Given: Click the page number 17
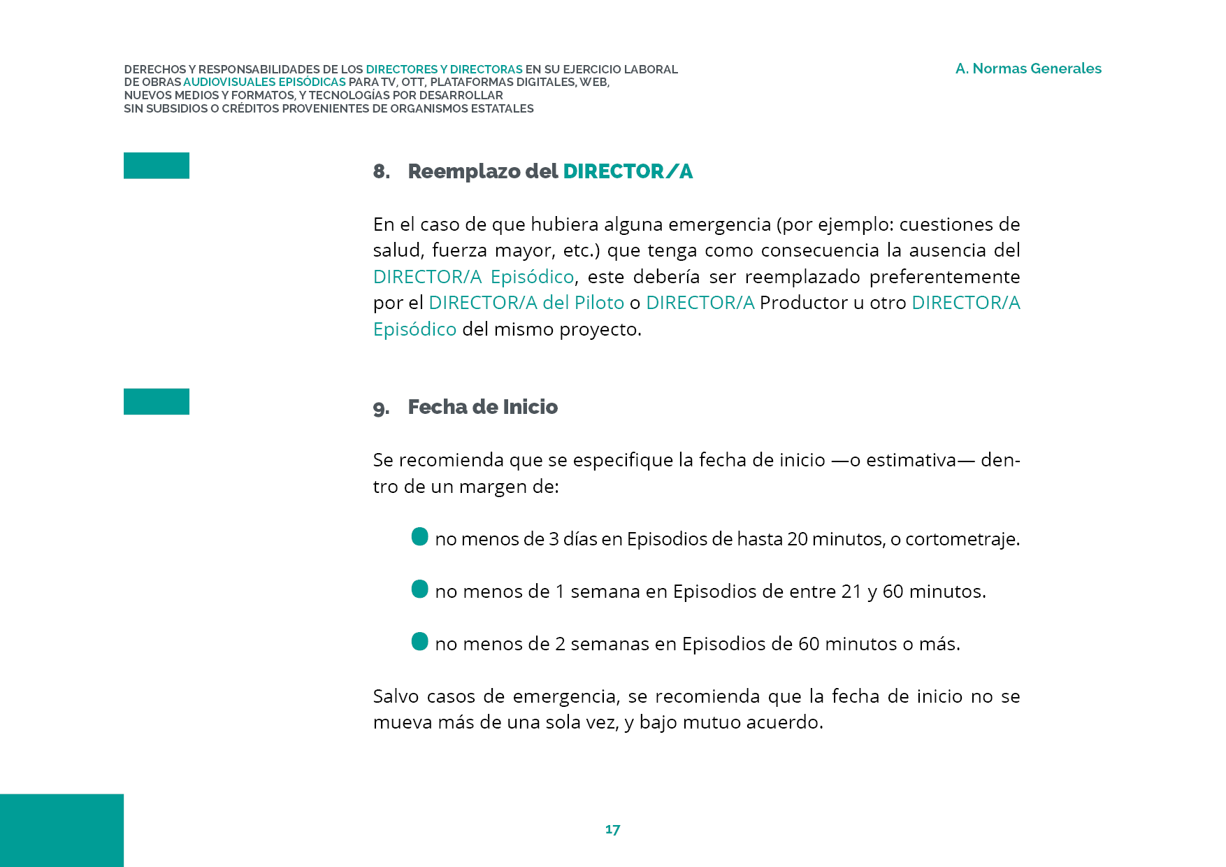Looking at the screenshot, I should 612,829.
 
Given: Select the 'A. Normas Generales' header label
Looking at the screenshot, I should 1028,69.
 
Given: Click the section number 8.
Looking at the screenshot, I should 381,171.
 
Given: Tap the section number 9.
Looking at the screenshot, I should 381,408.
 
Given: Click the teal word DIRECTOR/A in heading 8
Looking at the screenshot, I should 628,171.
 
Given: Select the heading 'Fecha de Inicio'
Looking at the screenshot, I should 482,407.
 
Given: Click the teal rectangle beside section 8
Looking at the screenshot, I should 157,166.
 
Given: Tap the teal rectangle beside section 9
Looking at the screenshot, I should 157,401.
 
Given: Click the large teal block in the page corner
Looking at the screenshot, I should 62,830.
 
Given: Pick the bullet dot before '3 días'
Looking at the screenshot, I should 419,537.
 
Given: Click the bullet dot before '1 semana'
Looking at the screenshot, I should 419,589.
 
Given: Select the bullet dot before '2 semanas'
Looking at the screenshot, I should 419,642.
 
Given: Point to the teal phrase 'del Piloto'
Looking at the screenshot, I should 583,303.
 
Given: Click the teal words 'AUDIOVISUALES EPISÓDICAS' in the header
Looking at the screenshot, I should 264,83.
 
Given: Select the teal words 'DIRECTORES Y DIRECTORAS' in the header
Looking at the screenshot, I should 444,69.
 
